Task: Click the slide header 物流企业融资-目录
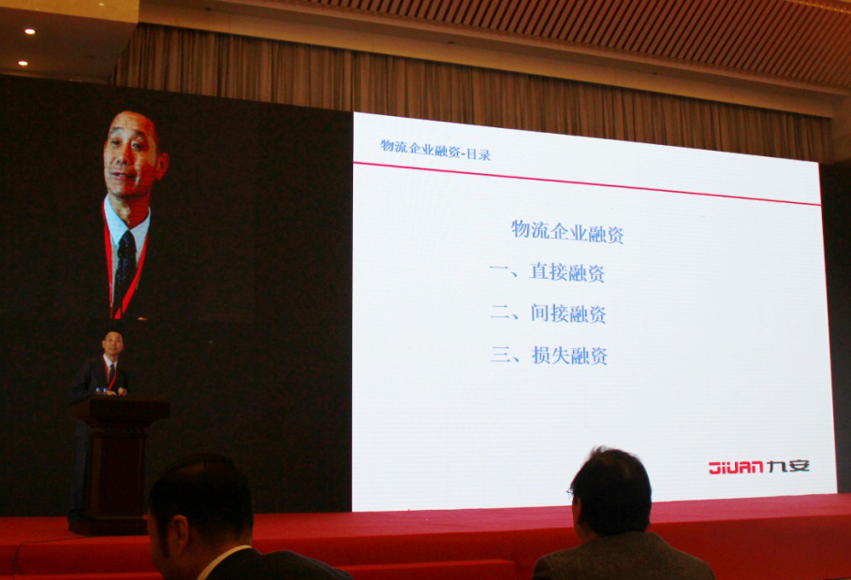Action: pos(435,149)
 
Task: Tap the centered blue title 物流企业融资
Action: pos(567,231)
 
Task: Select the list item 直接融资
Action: pos(567,272)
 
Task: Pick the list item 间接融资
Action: pos(568,313)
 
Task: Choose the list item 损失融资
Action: pos(569,355)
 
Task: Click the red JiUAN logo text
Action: pos(736,467)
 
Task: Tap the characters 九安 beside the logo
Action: pos(788,466)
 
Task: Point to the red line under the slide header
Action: pos(586,182)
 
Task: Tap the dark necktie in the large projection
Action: pos(125,271)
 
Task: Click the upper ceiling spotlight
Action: pos(29,32)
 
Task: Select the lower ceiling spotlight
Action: pos(22,63)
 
